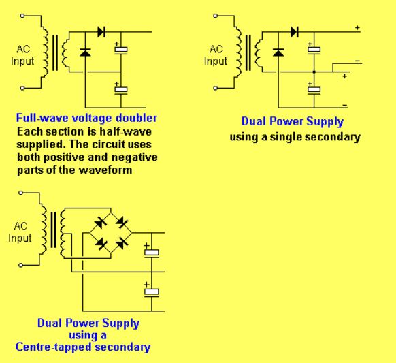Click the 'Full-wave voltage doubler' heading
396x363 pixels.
click(x=86, y=118)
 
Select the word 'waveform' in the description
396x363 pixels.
click(x=105, y=170)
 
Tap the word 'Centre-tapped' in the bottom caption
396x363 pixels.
click(x=54, y=347)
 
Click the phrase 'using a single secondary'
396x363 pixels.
click(x=295, y=137)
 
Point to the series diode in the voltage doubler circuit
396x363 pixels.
click(x=101, y=32)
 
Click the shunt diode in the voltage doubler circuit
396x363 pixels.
click(x=85, y=52)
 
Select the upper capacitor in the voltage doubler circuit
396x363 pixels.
click(x=121, y=50)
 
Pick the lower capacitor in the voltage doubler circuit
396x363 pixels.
click(x=121, y=90)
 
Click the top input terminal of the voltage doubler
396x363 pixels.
click(x=22, y=16)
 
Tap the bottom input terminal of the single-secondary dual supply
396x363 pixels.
click(x=215, y=89)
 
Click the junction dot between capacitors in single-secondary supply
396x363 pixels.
click(x=314, y=72)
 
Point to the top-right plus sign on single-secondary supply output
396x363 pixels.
click(x=357, y=27)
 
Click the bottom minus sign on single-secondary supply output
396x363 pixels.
click(x=345, y=105)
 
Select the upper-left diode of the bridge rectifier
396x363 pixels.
click(x=101, y=223)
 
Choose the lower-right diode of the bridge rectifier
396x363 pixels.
click(x=122, y=243)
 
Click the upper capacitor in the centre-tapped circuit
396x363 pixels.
click(x=152, y=253)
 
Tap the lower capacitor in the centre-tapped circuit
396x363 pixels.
click(x=152, y=292)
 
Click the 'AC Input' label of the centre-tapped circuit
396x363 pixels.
click(x=20, y=232)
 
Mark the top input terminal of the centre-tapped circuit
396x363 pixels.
click(x=20, y=193)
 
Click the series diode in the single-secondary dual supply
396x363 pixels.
click(x=294, y=32)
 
